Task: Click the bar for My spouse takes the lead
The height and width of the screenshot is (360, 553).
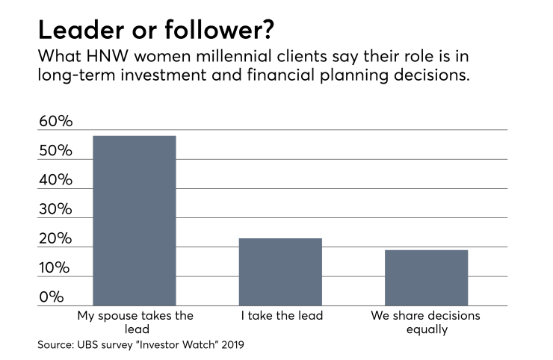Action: pyautogui.click(x=135, y=221)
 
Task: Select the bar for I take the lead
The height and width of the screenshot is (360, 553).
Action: pyautogui.click(x=280, y=272)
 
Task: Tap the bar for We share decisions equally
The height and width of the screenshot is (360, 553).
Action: pyautogui.click(x=426, y=278)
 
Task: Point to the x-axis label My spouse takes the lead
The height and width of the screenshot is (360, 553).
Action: pyautogui.click(x=135, y=323)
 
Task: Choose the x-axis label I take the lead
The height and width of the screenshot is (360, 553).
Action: pyautogui.click(x=282, y=316)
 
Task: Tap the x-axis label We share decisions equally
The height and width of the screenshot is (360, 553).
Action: pyautogui.click(x=426, y=323)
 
